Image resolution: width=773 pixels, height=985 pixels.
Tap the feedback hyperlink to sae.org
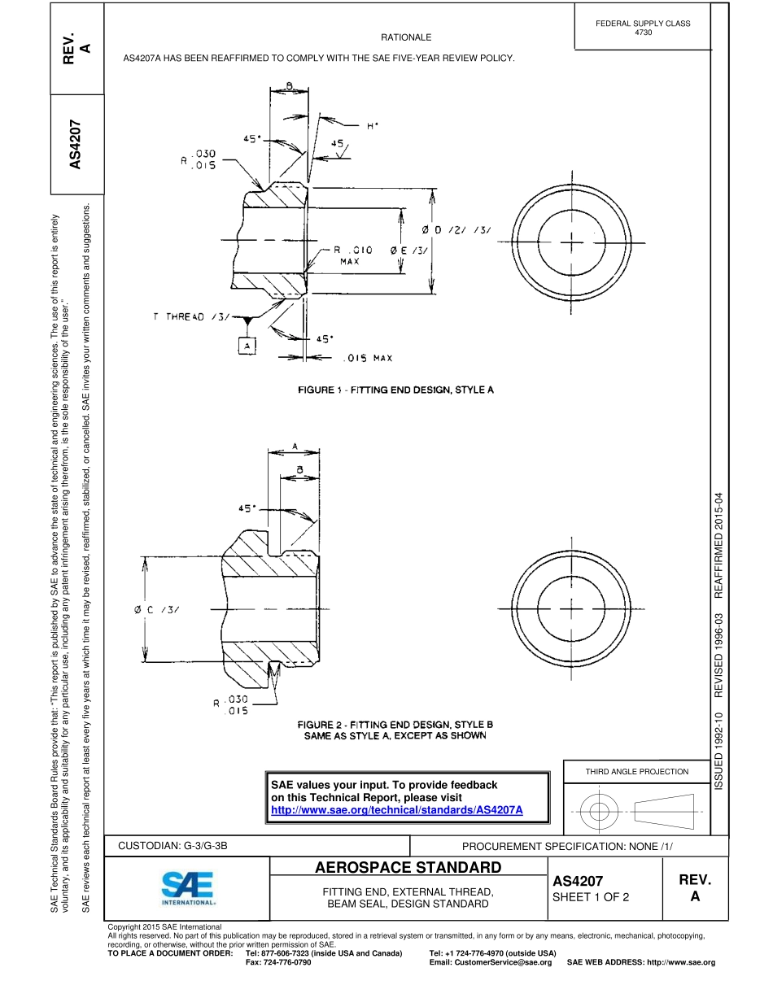point(396,810)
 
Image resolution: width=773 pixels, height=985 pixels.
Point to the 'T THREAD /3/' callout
point(192,317)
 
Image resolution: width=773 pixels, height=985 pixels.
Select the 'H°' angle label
point(373,126)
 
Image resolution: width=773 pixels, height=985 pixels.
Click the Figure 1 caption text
point(396,390)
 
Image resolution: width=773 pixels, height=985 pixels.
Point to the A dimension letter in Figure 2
point(295,444)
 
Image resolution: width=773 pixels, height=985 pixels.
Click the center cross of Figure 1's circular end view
point(573,242)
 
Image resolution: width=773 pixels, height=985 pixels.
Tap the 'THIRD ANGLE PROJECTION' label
point(636,771)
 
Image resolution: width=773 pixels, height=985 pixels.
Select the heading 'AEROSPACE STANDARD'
point(408,867)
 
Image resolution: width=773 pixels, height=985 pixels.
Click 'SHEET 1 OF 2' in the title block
point(591,897)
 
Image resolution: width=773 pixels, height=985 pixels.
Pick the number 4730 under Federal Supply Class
point(643,33)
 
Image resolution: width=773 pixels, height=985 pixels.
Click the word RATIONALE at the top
point(406,37)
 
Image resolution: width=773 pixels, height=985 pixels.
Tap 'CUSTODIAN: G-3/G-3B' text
point(173,846)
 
